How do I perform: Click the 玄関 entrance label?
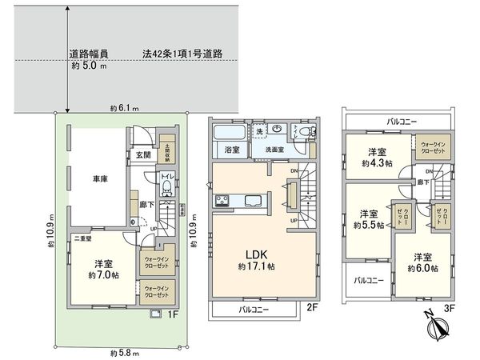[x=142, y=155]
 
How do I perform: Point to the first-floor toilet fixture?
[x=166, y=187]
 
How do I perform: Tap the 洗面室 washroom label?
[x=266, y=150]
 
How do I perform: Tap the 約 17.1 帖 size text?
[x=255, y=266]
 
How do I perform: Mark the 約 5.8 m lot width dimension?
[x=123, y=352]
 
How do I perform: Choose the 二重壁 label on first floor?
[x=83, y=238]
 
